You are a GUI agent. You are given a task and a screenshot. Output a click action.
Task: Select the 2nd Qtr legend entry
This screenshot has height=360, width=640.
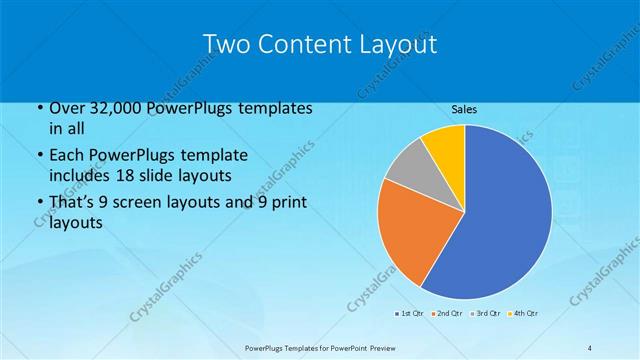point(446,314)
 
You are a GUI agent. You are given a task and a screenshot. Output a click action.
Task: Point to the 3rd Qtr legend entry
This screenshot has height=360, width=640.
point(485,314)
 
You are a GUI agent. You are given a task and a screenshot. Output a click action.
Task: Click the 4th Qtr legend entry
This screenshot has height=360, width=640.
point(523,314)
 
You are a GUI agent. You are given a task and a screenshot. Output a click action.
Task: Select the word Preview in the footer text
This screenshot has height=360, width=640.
point(380,347)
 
